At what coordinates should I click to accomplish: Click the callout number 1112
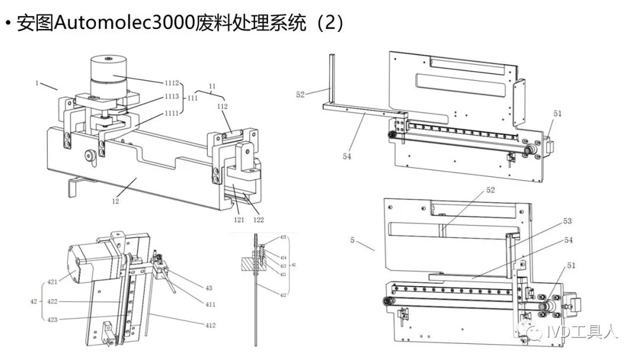pyautogui.click(x=172, y=83)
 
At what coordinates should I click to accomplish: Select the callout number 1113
pyautogui.click(x=172, y=97)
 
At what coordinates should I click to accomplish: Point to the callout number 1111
pyautogui.click(x=172, y=113)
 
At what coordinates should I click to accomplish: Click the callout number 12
pyautogui.click(x=115, y=201)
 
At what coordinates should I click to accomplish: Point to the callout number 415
pyautogui.click(x=283, y=237)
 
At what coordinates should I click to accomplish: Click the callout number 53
pyautogui.click(x=567, y=221)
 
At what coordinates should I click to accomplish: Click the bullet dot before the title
pyautogui.click(x=8, y=24)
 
